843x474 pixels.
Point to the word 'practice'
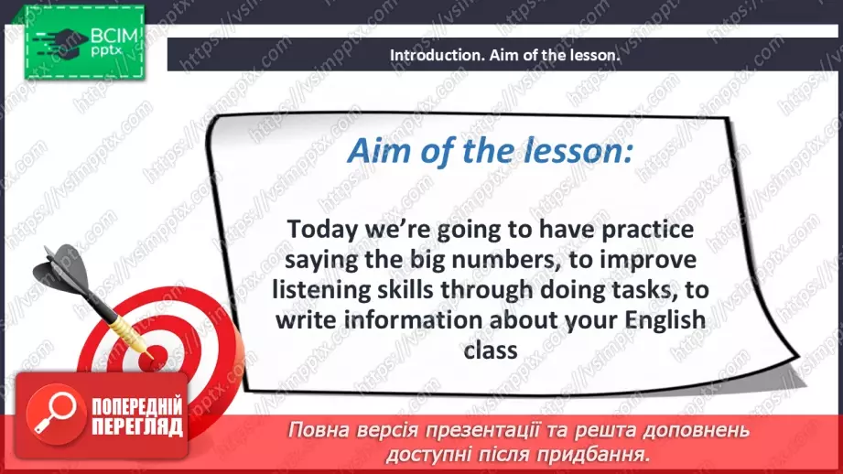click(647, 230)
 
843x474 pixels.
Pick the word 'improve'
click(648, 261)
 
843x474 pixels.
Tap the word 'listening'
click(315, 291)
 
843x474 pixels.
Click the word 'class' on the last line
click(491, 350)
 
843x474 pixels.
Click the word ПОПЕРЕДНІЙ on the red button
click(137, 406)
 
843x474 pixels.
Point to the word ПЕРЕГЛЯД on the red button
click(137, 427)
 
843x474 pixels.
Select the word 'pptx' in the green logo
click(106, 51)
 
